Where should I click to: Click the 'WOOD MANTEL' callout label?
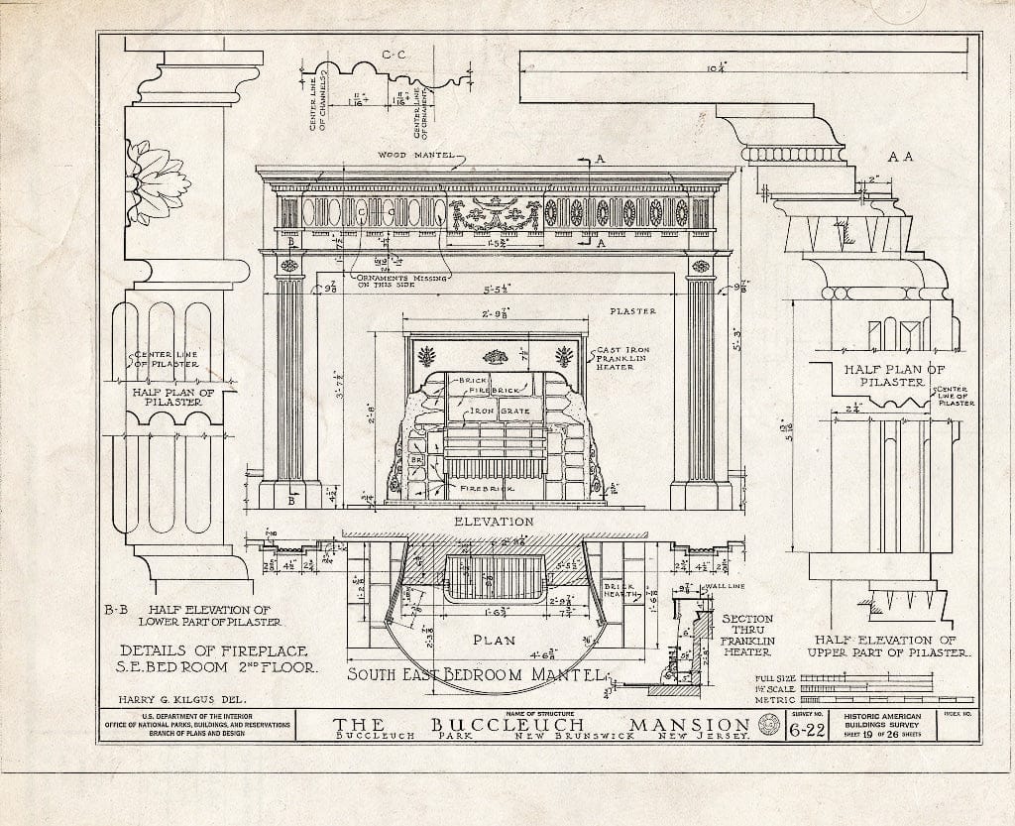(x=415, y=155)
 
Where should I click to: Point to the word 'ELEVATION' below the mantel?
(x=494, y=522)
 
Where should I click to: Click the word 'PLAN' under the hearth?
(x=493, y=640)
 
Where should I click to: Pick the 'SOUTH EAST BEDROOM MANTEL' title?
(x=475, y=676)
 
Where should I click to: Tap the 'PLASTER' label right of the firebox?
(x=633, y=311)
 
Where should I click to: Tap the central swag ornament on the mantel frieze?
(x=493, y=213)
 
